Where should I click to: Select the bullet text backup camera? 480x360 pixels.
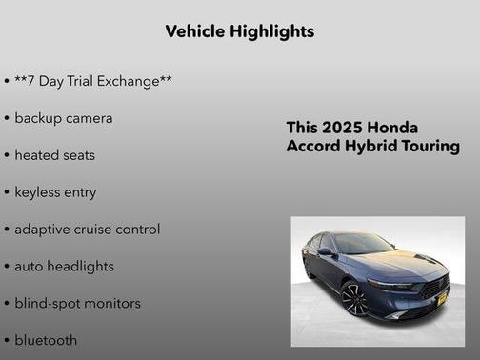63,118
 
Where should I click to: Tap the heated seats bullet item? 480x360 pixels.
54,155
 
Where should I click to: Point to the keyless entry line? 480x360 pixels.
55,192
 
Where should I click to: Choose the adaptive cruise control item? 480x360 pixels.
87,230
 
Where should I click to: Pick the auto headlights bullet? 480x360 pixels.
64,267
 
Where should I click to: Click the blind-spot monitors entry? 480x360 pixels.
77,304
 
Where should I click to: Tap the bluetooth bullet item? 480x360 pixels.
46,340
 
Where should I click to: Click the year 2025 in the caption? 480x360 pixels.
342,128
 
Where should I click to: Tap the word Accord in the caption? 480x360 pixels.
313,147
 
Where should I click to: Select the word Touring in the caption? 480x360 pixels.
430,147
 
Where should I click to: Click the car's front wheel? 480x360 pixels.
354,298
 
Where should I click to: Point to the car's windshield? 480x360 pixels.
363,244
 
